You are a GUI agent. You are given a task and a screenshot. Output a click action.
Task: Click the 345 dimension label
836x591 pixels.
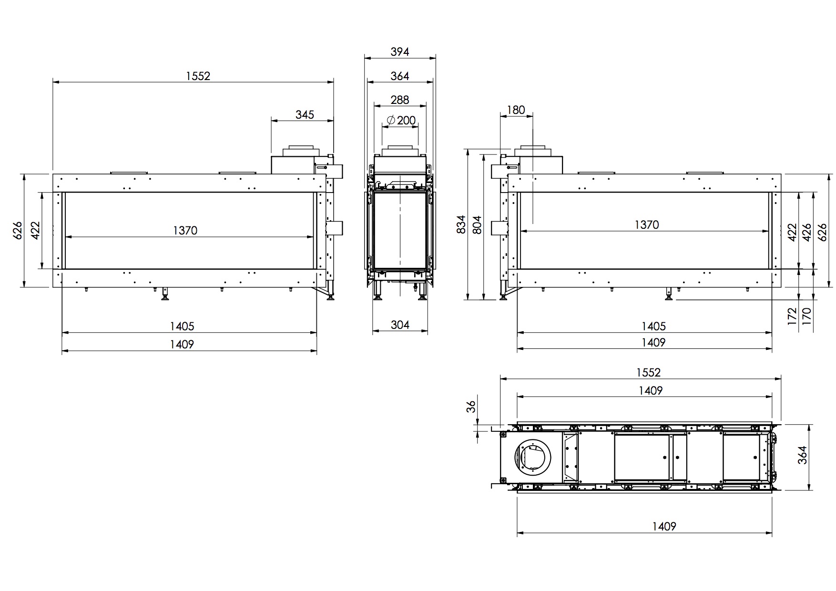[x=305, y=114]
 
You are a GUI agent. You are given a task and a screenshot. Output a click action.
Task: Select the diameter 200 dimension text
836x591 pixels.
[x=400, y=121]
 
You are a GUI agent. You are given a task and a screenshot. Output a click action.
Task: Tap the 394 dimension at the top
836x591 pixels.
[x=400, y=51]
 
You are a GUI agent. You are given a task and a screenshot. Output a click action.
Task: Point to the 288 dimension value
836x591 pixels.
[x=399, y=100]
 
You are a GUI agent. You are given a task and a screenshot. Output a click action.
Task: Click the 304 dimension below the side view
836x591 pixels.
[x=400, y=325]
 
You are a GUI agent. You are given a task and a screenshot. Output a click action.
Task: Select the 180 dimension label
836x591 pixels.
[x=516, y=110]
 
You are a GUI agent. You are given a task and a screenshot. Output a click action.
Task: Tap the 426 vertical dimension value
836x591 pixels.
[x=807, y=232]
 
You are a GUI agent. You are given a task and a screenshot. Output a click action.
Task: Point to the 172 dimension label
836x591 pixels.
[x=792, y=316]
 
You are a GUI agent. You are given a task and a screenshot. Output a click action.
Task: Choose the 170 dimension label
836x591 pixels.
[x=807, y=316]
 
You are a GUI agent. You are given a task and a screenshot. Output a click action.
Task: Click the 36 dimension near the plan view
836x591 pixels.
[x=471, y=407]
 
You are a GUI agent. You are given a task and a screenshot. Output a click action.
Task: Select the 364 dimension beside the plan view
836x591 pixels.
[x=803, y=455]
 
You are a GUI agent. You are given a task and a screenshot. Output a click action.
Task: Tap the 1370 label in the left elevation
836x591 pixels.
[x=185, y=231]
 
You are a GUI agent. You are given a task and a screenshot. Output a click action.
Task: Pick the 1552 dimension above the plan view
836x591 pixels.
[x=649, y=372]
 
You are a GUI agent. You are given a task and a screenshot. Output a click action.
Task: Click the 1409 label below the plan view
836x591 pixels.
[x=664, y=527]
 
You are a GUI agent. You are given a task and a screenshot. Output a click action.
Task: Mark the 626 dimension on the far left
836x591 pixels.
[x=18, y=230]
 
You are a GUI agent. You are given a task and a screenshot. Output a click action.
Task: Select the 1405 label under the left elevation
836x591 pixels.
[x=182, y=326]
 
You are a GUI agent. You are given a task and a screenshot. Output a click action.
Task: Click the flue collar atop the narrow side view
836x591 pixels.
[x=400, y=150]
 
